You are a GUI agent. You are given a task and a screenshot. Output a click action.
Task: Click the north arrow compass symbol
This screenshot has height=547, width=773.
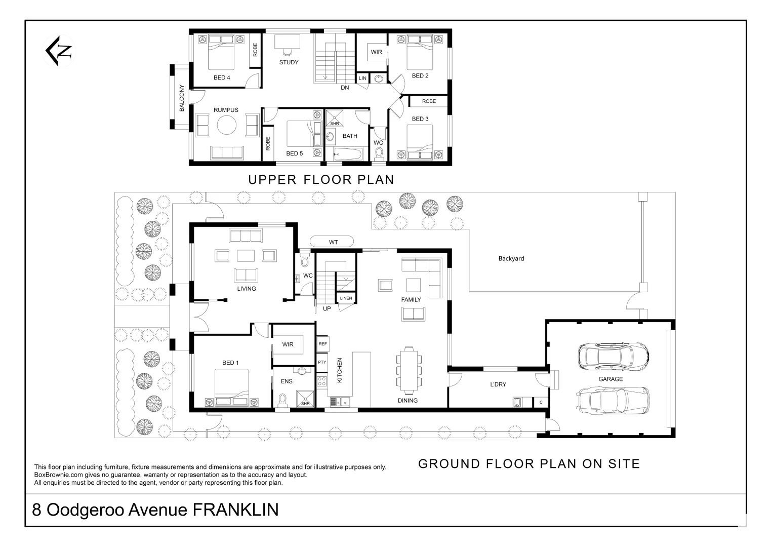pyautogui.click(x=59, y=51)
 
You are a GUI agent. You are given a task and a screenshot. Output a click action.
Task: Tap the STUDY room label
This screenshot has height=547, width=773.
pyautogui.click(x=289, y=62)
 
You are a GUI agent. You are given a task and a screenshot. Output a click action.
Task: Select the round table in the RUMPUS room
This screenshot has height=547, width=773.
pyautogui.click(x=227, y=125)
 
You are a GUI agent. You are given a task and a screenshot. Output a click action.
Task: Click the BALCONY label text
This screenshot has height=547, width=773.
pyautogui.click(x=182, y=98)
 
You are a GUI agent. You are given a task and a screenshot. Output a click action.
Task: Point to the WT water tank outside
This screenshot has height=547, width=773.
pyautogui.click(x=332, y=242)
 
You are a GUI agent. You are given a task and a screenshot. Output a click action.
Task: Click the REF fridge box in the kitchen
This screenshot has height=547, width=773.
pyautogui.click(x=322, y=344)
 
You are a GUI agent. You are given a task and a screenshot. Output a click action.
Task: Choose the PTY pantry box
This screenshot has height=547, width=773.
pyautogui.click(x=322, y=362)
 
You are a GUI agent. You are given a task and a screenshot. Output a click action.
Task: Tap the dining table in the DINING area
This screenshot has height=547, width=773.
pyautogui.click(x=409, y=371)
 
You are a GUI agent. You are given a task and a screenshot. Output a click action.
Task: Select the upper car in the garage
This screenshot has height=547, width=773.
pyautogui.click(x=613, y=357)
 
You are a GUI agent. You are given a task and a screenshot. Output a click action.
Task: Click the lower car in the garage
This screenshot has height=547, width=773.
pyautogui.click(x=613, y=401)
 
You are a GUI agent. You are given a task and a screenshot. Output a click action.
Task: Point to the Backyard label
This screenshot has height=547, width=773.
pyautogui.click(x=511, y=259)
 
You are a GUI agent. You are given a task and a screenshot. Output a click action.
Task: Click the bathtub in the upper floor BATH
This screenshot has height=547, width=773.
pyautogui.click(x=348, y=154)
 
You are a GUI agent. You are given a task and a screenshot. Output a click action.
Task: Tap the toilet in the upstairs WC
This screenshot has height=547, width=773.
pyautogui.click(x=379, y=154)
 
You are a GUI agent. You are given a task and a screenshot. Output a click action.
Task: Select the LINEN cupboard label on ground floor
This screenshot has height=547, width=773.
pyautogui.click(x=346, y=298)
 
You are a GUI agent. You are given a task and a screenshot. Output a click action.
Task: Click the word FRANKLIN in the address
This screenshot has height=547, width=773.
pyautogui.click(x=235, y=510)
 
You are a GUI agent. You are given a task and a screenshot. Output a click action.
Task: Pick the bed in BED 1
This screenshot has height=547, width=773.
pyautogui.click(x=231, y=387)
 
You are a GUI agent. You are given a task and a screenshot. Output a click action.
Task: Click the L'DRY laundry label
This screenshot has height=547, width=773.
pyautogui.click(x=498, y=384)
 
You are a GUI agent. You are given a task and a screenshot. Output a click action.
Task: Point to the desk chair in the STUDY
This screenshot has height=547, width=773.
pyautogui.click(x=287, y=52)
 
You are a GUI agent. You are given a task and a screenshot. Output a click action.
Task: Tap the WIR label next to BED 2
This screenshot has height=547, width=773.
pyautogui.click(x=377, y=52)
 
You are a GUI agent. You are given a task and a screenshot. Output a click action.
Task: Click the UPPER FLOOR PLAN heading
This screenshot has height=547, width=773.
pyautogui.click(x=321, y=180)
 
